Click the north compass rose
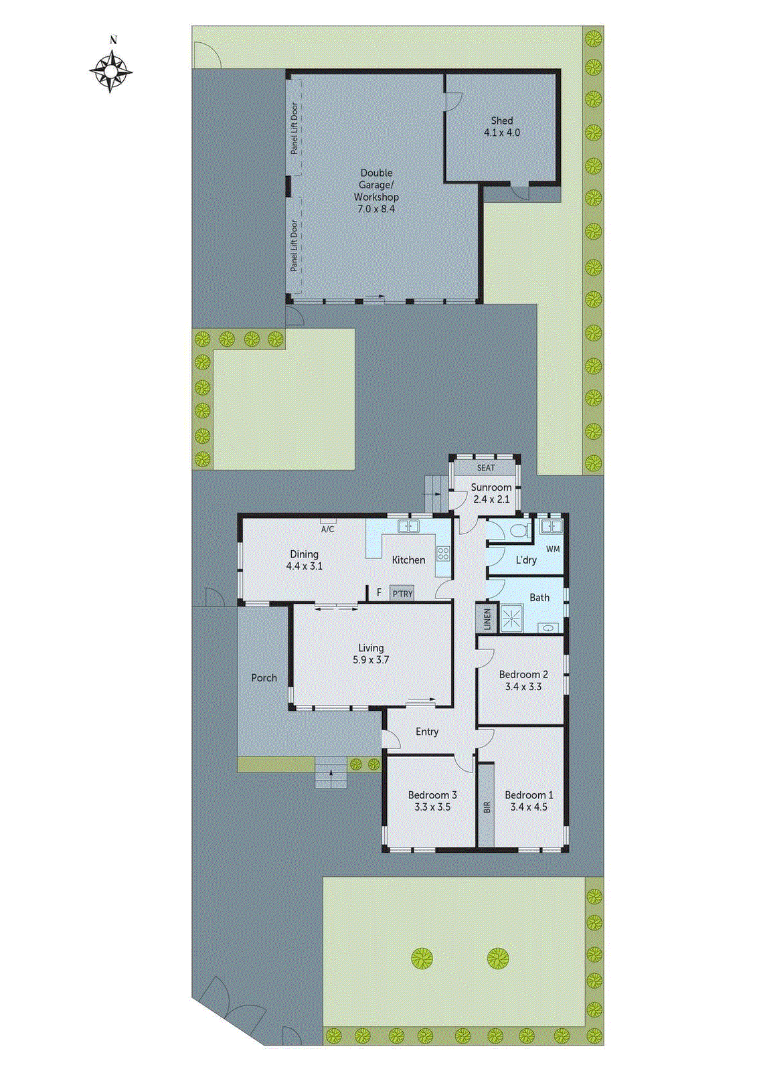click(110, 70)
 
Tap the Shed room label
click(501, 120)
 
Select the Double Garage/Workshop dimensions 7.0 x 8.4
click(375, 209)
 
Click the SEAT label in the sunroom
click(486, 467)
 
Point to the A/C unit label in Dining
click(327, 529)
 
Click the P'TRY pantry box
click(402, 594)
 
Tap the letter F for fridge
click(379, 592)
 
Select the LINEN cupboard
click(487, 619)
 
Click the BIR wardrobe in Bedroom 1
click(487, 807)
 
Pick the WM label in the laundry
click(553, 549)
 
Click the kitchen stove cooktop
click(442, 553)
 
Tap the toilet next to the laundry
click(519, 531)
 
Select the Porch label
click(264, 677)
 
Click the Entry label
click(427, 732)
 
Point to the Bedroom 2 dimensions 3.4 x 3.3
click(523, 687)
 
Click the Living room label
click(371, 647)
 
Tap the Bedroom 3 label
click(432, 795)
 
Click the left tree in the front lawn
click(422, 959)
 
